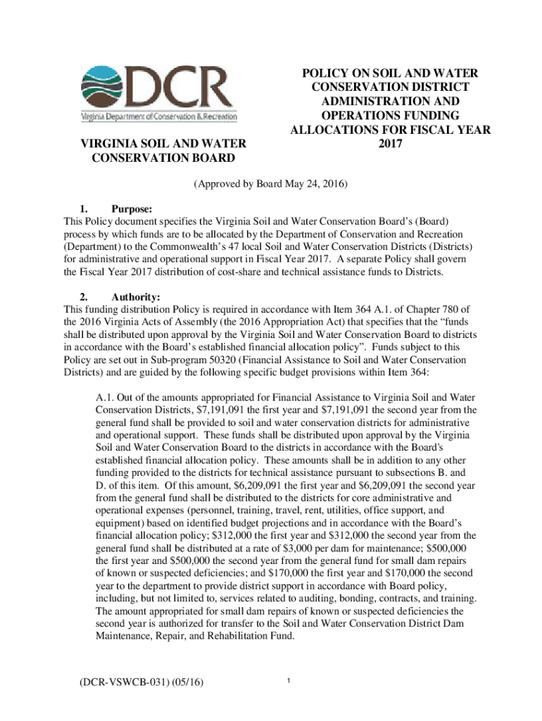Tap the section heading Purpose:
click(x=132, y=208)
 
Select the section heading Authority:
click(x=137, y=298)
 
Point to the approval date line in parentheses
click(x=270, y=184)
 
